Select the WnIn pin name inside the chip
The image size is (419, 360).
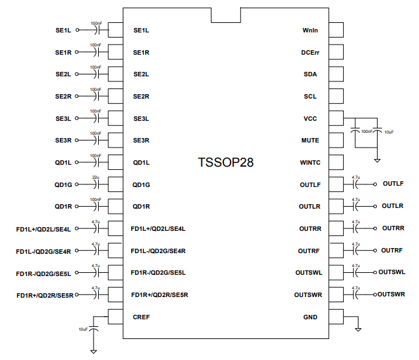coord(309,31)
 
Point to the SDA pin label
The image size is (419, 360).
coord(310,74)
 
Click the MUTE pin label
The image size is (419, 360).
coord(309,140)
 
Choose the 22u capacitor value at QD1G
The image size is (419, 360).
coord(96,177)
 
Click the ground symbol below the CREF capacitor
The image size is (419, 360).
coord(94,351)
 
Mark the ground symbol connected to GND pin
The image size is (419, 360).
coord(358,329)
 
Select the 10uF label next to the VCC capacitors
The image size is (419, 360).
coord(389,132)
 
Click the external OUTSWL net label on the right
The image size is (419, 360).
coord(392,272)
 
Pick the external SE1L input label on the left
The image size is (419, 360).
coord(64,30)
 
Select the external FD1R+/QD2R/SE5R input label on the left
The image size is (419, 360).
coord(45,294)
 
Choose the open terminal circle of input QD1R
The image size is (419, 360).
coord(77,206)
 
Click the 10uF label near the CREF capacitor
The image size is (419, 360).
coord(83,329)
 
